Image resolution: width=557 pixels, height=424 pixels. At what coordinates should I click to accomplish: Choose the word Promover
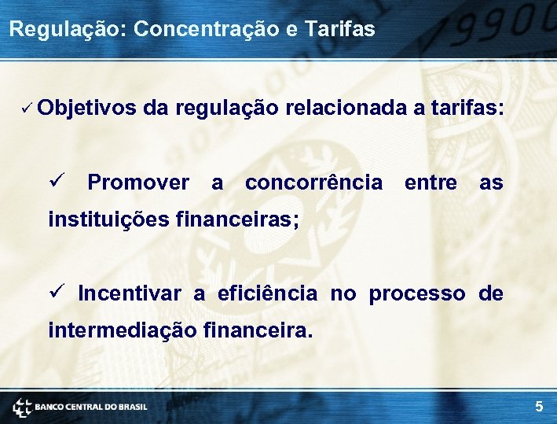[138, 183]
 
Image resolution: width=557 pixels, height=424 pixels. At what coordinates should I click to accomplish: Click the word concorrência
[313, 183]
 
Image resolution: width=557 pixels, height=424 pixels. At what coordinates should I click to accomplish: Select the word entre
[430, 183]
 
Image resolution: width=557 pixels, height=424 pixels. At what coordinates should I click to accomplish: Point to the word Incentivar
[130, 294]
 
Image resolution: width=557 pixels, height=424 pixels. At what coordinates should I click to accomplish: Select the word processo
[416, 294]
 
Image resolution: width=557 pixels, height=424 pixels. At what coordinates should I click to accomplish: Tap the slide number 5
[539, 407]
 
